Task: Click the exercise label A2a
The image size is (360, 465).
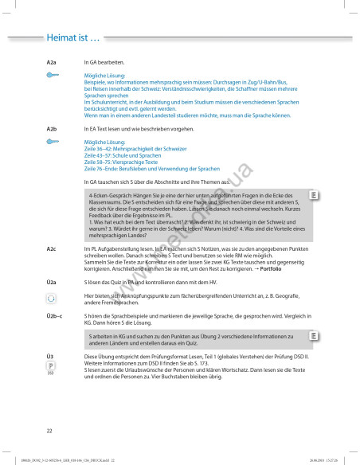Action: click(52, 61)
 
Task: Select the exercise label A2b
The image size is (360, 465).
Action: click(52, 128)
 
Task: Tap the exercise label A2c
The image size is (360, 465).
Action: click(52, 248)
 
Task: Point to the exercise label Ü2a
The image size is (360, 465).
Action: click(52, 283)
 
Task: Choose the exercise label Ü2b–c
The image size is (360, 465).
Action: click(55, 316)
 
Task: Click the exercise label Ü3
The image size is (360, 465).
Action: click(50, 356)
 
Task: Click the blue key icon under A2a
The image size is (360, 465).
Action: click(52, 75)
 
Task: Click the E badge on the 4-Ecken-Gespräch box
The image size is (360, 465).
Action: click(315, 195)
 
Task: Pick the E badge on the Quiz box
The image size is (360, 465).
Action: click(315, 336)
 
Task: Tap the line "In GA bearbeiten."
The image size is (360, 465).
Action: click(104, 61)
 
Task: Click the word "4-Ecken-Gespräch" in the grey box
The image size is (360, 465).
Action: click(111, 195)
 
